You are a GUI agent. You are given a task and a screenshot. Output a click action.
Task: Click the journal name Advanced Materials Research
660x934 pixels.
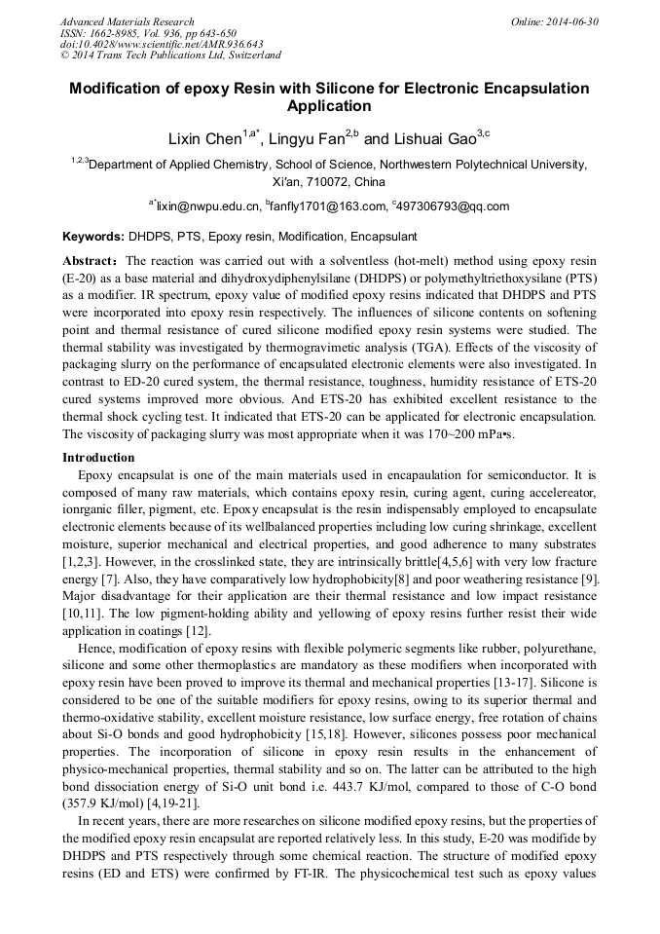128,21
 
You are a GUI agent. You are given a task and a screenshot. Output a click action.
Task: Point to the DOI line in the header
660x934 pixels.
162,44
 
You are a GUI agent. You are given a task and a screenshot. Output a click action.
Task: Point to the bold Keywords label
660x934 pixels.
93,237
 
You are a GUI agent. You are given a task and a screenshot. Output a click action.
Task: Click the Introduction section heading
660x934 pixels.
98,457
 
